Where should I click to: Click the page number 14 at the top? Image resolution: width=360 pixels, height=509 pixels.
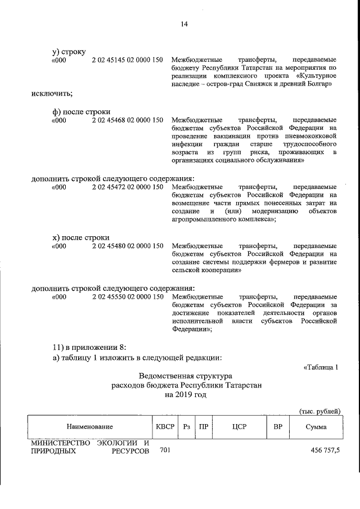point(184,23)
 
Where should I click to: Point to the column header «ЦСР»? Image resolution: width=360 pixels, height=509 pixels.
point(238,427)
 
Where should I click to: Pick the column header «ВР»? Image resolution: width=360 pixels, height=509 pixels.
point(277,427)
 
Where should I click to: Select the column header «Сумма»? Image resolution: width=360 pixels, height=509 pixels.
point(316,427)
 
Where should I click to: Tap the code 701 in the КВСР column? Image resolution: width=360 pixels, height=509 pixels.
point(165,451)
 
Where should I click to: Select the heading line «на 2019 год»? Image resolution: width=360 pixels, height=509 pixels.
point(186,395)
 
